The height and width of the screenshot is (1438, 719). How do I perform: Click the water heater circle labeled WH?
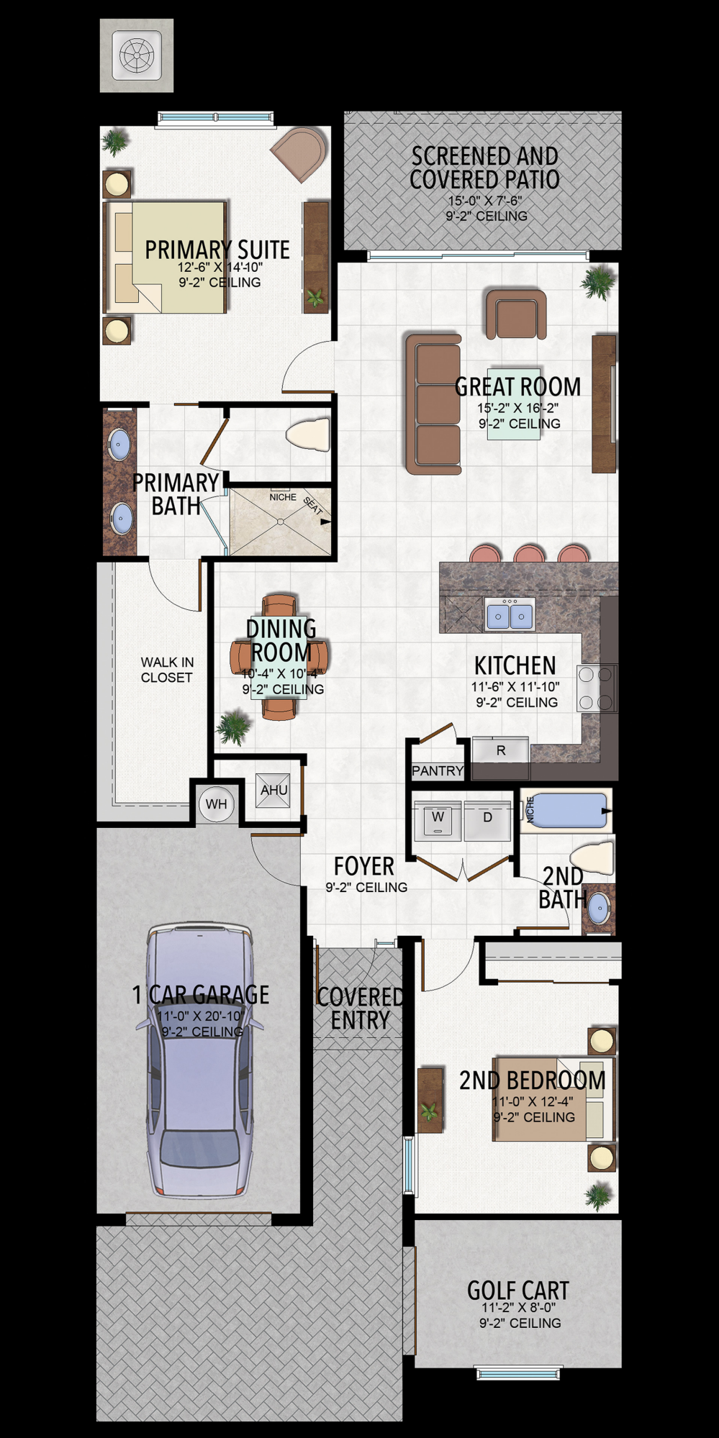point(216,804)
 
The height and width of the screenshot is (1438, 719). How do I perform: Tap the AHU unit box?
point(273,790)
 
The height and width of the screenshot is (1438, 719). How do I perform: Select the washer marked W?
point(438,819)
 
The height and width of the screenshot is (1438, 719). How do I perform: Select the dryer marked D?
point(487,819)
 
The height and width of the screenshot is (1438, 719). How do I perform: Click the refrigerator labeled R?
point(501,750)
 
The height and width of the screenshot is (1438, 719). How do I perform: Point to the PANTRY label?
point(438,771)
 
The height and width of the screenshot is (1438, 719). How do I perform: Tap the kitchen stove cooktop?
point(597,688)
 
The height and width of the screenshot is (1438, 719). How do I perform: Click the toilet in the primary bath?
point(308,434)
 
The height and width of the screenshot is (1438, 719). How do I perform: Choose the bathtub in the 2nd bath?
point(567,811)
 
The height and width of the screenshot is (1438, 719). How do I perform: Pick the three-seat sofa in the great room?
point(433,404)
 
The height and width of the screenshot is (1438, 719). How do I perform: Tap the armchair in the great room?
point(515,314)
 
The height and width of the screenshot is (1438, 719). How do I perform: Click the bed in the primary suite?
point(166,258)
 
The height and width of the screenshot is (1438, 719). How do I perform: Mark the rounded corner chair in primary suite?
point(299,154)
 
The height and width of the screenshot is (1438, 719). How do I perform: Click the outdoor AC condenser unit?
point(137,55)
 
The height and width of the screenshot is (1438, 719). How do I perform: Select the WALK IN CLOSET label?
point(167,670)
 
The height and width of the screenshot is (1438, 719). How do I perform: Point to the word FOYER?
point(364,867)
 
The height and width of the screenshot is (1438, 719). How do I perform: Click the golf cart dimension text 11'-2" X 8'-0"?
point(519,1307)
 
